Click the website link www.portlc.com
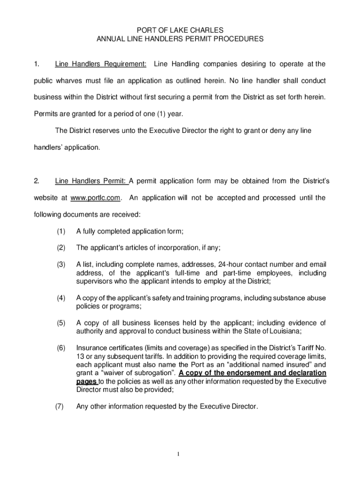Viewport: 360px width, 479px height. [x=95, y=198]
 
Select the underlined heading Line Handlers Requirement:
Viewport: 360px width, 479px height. [x=101, y=64]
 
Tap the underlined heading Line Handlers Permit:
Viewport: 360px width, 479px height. [x=91, y=181]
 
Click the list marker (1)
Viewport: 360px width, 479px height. [x=61, y=231]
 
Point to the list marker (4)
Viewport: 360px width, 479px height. [x=61, y=298]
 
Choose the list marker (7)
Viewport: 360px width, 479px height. [x=59, y=406]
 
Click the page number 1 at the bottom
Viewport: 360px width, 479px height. [x=180, y=454]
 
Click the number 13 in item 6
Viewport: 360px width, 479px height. [x=80, y=356]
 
